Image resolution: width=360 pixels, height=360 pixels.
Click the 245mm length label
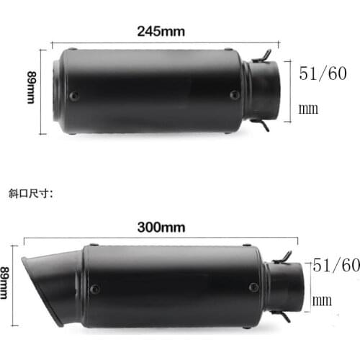(161, 31)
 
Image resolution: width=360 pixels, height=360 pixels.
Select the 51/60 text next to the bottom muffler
(335, 265)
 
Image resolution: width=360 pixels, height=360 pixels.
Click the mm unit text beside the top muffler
(308, 109)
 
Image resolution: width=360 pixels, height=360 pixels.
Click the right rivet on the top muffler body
(233, 95)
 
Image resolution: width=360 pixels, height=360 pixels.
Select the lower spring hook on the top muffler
(264, 127)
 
